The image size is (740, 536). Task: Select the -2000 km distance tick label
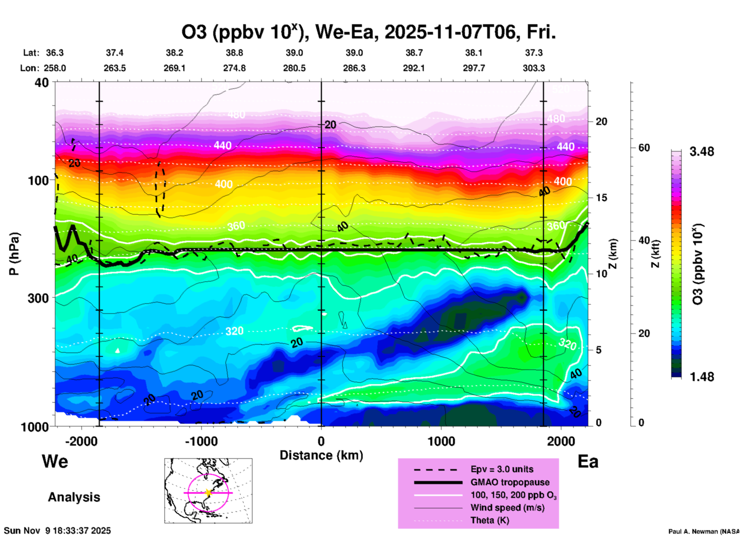point(81,441)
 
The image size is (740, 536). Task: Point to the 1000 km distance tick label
point(441,441)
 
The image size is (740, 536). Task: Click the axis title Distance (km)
point(321,455)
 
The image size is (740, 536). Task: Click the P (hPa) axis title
point(14,254)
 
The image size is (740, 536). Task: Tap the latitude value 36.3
point(55,53)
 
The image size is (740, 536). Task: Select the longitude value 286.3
point(354,68)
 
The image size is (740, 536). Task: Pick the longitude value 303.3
point(534,68)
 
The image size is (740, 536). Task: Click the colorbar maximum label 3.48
point(702,152)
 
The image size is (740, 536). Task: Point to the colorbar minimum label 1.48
point(702,377)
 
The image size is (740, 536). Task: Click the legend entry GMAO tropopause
point(510,482)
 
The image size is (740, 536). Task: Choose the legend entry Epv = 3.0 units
point(502,469)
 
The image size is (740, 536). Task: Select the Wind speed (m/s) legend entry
point(507,508)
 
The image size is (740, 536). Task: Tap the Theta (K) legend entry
point(489,520)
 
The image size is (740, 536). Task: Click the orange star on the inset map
point(208,493)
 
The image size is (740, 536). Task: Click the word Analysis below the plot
point(74,497)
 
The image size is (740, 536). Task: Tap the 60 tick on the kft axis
point(644,148)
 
